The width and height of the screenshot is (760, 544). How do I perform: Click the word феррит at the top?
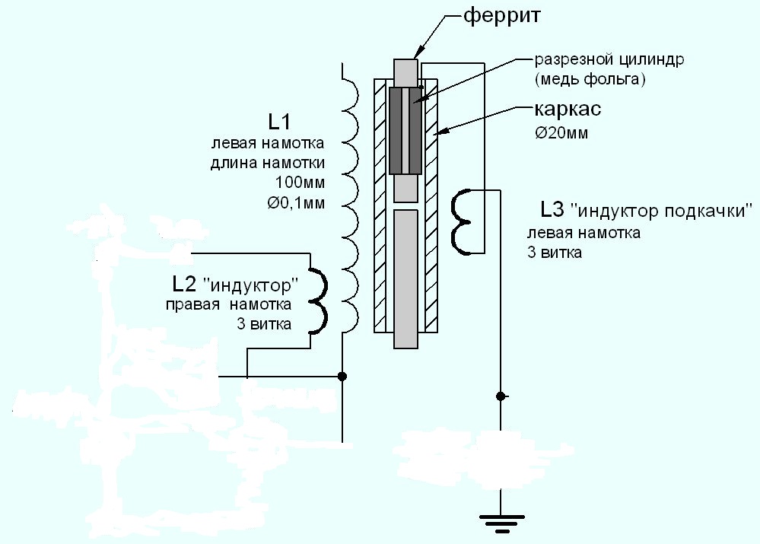point(501,17)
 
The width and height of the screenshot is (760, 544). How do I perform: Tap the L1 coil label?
point(279,122)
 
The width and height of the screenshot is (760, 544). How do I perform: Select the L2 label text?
point(183,285)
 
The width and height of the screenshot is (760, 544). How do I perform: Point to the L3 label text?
point(552,210)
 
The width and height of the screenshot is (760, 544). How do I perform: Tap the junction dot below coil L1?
point(342,377)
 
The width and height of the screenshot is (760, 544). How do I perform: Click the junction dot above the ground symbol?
point(501,396)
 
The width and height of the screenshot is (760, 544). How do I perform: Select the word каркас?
point(568,109)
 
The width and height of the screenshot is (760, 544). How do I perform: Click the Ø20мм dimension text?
point(561,132)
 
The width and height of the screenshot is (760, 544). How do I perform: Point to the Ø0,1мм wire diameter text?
point(296,202)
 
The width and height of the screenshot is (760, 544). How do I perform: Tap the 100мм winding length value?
point(300,183)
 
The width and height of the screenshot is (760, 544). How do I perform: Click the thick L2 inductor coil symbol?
point(318,301)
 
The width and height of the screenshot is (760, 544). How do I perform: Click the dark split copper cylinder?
point(405,131)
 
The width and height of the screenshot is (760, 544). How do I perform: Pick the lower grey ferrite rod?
point(405,278)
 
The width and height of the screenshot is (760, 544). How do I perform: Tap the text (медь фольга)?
point(590,78)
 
